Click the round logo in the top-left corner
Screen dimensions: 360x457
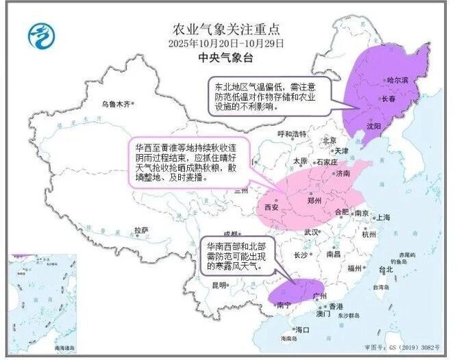click(40, 33)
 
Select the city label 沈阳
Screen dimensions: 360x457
click(373, 127)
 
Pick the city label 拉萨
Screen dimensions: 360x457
click(141, 230)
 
